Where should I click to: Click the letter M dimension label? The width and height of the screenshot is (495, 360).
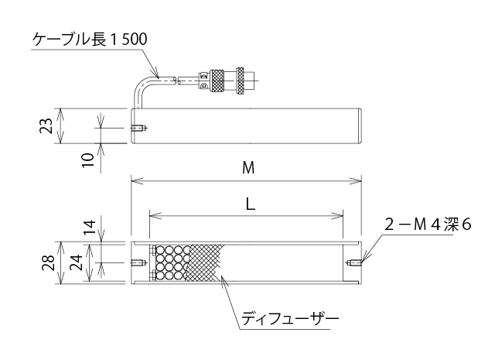[x=247, y=168]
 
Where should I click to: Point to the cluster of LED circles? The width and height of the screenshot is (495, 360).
[x=171, y=262]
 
